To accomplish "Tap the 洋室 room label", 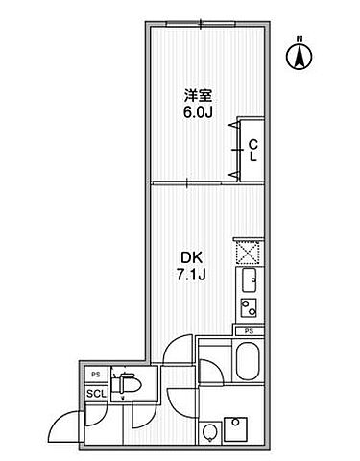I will [197, 95].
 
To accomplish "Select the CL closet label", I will [252, 151].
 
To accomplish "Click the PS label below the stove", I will [248, 331].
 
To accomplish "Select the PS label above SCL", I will [96, 375].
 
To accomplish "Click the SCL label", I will [96, 393].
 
